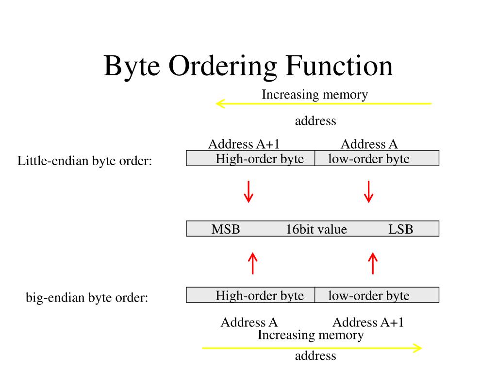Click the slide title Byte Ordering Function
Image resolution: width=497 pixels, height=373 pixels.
pyautogui.click(x=248, y=66)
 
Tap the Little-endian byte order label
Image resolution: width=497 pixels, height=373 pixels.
pyautogui.click(x=85, y=161)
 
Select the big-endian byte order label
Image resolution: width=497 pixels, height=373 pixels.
pyautogui.click(x=87, y=297)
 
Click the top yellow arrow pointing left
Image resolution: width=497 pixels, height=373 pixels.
pyautogui.click(x=323, y=103)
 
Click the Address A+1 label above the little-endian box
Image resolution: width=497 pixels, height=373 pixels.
pyautogui.click(x=244, y=144)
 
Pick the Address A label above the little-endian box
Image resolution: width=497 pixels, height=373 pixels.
pyautogui.click(x=369, y=144)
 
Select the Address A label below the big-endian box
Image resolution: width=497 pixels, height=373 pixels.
pyautogui.click(x=249, y=322)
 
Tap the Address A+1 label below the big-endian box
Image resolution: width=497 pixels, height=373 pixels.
pyautogui.click(x=368, y=322)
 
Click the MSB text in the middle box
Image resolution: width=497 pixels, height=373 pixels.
pyautogui.click(x=226, y=229)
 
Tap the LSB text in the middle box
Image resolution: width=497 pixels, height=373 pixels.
pyautogui.click(x=400, y=229)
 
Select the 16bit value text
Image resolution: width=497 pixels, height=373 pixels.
pyautogui.click(x=316, y=229)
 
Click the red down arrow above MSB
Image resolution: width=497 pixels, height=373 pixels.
pyautogui.click(x=248, y=192)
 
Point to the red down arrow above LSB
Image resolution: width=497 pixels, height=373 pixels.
pyautogui.click(x=369, y=192)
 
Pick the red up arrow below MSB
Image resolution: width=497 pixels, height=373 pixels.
pyautogui.click(x=252, y=263)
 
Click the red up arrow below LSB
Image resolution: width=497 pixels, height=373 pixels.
pyautogui.click(x=373, y=263)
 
